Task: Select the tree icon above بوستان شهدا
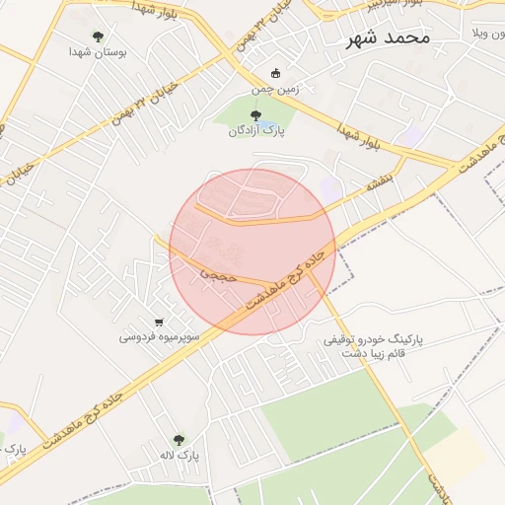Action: tap(97, 36)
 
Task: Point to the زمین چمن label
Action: tap(274, 89)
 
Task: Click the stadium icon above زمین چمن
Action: tap(275, 73)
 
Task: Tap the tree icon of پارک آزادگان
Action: tap(255, 116)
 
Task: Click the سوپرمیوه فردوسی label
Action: tap(160, 336)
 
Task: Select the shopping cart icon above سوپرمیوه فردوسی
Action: tap(160, 322)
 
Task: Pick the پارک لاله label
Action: tap(180, 456)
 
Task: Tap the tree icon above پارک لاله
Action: tap(179, 440)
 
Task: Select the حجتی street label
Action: tap(219, 275)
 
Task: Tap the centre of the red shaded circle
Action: tap(252, 252)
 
